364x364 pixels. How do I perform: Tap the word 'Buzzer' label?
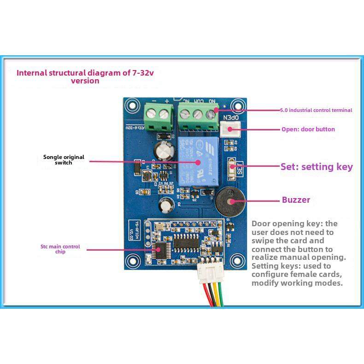click(x=296, y=200)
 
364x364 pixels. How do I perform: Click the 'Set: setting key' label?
click(x=317, y=167)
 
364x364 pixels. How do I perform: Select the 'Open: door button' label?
click(x=308, y=129)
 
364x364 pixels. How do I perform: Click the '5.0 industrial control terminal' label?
click(x=316, y=110)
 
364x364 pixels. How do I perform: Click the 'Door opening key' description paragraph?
click(x=299, y=253)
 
